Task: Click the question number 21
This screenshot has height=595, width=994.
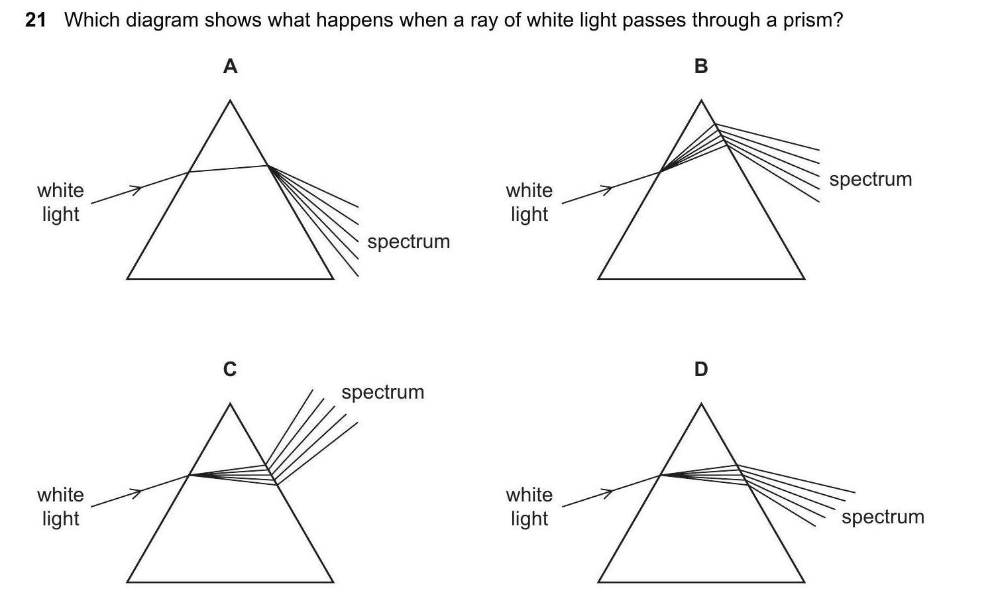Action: [x=36, y=20]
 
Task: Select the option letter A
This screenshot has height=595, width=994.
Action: [x=230, y=66]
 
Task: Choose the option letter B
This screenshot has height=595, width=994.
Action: [x=701, y=66]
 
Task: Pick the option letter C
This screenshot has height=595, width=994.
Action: [x=230, y=369]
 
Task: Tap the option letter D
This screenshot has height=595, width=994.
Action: [x=701, y=369]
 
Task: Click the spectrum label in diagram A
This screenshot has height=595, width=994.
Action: [x=408, y=241]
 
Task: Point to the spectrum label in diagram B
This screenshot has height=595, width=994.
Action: [x=870, y=179]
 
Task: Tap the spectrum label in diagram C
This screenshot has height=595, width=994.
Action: [x=382, y=392]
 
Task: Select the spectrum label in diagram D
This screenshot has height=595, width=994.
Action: [x=883, y=517]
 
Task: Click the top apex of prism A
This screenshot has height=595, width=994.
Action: [x=230, y=101]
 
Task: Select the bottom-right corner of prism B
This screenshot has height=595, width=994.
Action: [x=804, y=279]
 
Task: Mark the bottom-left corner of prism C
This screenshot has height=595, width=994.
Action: [x=127, y=582]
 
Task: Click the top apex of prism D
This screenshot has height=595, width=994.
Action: [x=701, y=405]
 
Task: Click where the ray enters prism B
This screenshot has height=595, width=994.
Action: [x=660, y=172]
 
